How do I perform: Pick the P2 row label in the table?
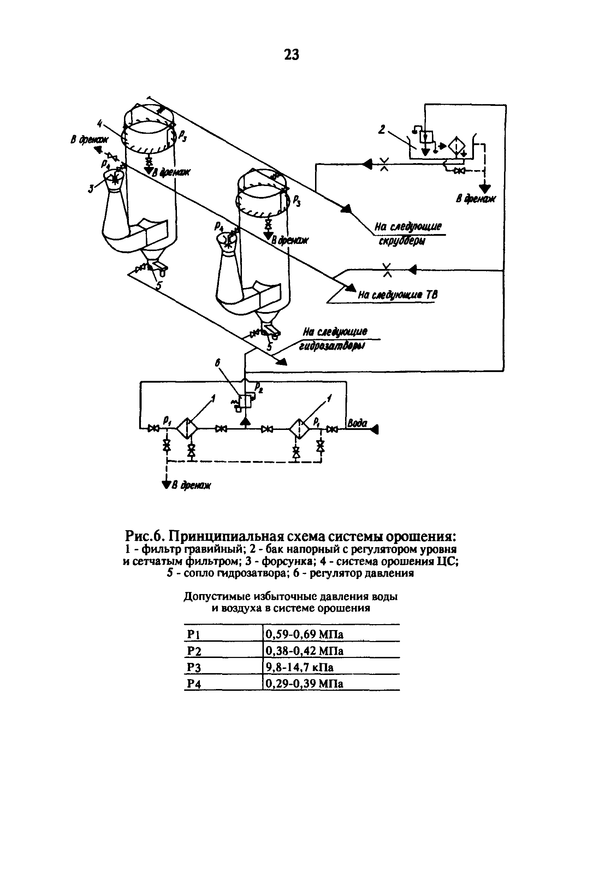point(194,651)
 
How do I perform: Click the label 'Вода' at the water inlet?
point(357,423)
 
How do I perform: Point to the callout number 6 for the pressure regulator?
point(218,363)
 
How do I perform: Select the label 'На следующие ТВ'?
point(397,295)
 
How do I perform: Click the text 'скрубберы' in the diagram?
point(402,241)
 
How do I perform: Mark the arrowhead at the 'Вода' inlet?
point(375,429)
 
